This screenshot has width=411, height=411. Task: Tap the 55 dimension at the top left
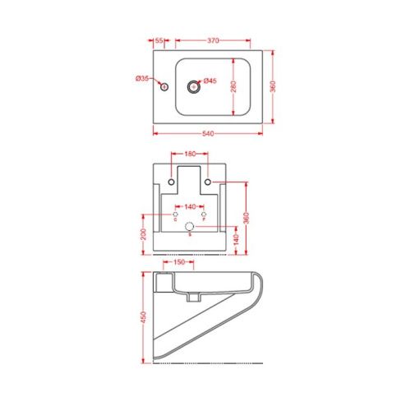pyautogui.click(x=159, y=39)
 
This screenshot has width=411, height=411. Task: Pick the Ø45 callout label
pyautogui.click(x=210, y=81)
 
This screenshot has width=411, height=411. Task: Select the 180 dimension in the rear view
pyautogui.click(x=189, y=153)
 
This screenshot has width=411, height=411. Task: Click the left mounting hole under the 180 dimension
pyautogui.click(x=171, y=182)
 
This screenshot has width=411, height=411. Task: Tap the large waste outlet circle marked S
pyautogui.click(x=190, y=227)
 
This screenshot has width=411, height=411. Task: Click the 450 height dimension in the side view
pyautogui.click(x=145, y=316)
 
